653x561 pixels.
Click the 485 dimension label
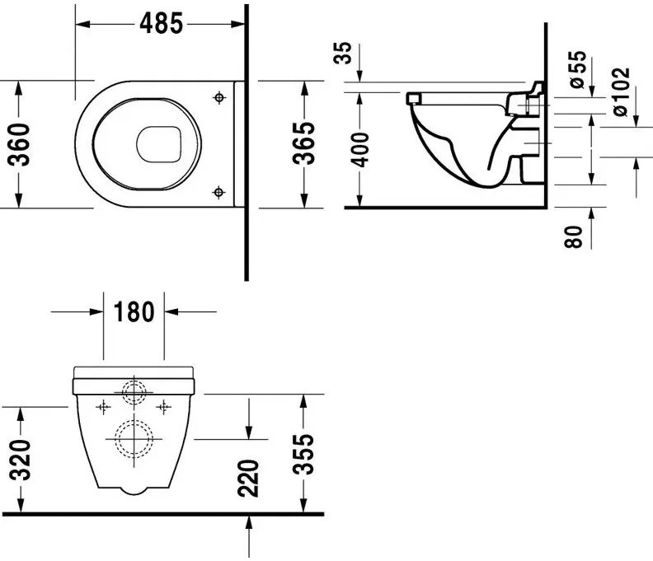point(161,23)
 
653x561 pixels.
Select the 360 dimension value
point(20,145)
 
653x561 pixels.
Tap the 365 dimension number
point(303,143)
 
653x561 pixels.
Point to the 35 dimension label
point(343,53)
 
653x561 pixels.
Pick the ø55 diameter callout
point(578,69)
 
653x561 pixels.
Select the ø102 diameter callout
point(621,92)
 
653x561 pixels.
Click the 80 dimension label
point(574,237)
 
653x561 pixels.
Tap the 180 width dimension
point(134,311)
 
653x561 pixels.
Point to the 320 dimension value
point(20,459)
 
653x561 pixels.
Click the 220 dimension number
point(248,479)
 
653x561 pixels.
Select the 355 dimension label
point(303,455)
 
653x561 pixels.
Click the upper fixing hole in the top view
point(219,98)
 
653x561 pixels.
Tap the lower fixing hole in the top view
point(218,192)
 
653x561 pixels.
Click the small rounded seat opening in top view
point(158,144)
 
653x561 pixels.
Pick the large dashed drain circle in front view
point(134,439)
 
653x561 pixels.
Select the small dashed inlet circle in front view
point(134,392)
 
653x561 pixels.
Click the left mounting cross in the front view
point(103,407)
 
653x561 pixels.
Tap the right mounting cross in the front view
point(164,407)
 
